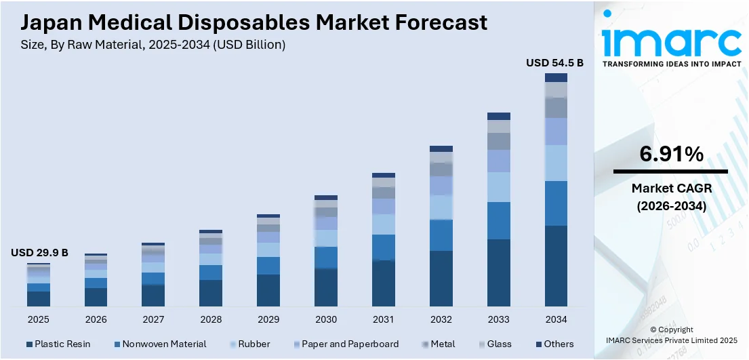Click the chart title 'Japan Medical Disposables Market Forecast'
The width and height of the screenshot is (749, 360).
click(254, 22)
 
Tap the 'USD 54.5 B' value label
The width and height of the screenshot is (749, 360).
click(554, 62)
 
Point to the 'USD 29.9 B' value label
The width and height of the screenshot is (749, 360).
click(39, 252)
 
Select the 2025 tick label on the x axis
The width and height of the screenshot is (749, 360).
click(39, 319)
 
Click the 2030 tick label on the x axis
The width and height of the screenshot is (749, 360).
click(325, 319)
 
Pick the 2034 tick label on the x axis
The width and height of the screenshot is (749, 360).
click(556, 319)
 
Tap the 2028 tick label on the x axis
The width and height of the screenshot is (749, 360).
click(211, 319)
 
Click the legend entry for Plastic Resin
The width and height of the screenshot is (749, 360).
click(58, 344)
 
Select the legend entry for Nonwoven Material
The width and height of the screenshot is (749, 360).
click(160, 344)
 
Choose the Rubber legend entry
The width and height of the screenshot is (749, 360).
click(250, 344)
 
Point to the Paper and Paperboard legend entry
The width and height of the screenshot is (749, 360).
click(345, 344)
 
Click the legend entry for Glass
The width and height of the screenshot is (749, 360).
click(494, 344)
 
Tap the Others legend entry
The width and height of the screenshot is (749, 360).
click(554, 344)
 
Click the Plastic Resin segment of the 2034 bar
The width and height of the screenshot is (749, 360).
click(556, 266)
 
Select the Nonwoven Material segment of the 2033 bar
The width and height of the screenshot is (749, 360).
click(499, 220)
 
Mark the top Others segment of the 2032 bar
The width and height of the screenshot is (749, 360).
click(441, 148)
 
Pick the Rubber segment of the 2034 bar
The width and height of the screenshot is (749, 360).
click(556, 163)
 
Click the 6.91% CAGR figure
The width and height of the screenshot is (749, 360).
click(671, 155)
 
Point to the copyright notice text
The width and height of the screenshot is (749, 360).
click(671, 335)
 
